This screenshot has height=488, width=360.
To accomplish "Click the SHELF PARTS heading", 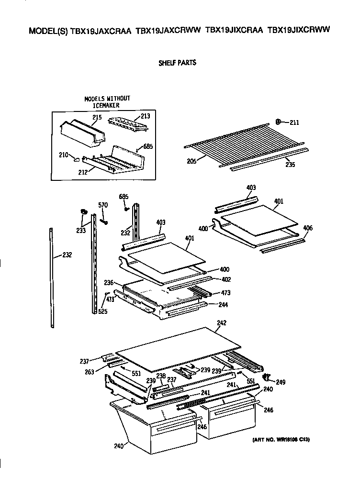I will (x=177, y=63).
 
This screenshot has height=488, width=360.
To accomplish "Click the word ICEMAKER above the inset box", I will (x=106, y=105).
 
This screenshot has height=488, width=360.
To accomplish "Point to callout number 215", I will (x=98, y=117).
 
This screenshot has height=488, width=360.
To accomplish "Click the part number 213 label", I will (x=145, y=116).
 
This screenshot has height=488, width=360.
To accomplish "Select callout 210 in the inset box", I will (x=63, y=155).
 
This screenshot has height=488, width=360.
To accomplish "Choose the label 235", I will (x=290, y=165).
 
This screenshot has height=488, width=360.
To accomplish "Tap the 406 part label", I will (x=308, y=228).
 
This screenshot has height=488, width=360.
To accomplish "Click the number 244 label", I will (x=223, y=305).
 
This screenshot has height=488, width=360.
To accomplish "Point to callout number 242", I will (x=221, y=323).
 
